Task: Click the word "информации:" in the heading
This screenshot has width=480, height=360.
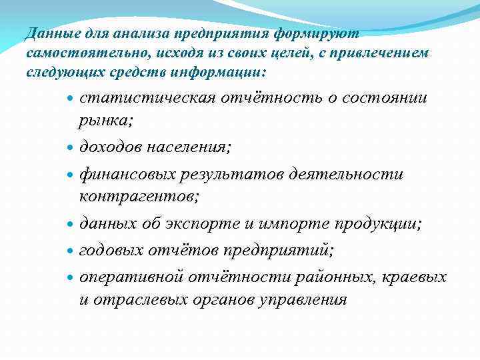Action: (229, 71)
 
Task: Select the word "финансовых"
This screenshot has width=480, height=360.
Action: (127, 175)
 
